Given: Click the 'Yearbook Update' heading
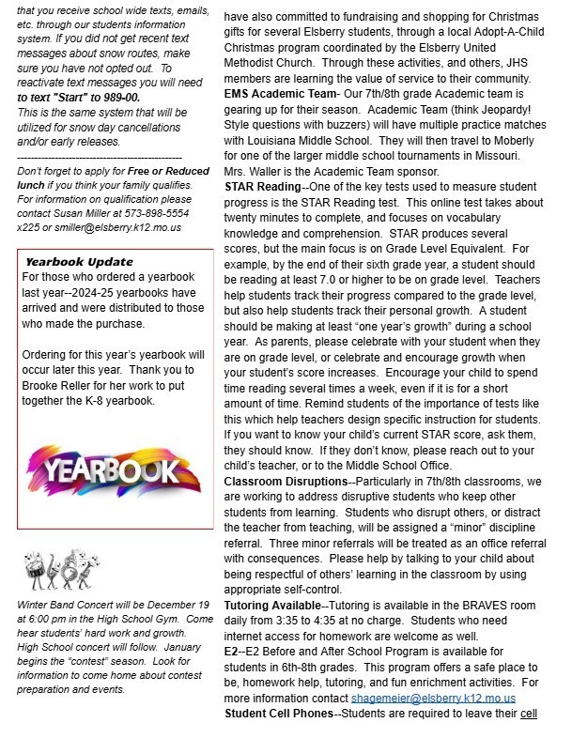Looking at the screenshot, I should (79, 261).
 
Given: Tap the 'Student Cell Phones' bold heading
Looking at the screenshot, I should (279, 715).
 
